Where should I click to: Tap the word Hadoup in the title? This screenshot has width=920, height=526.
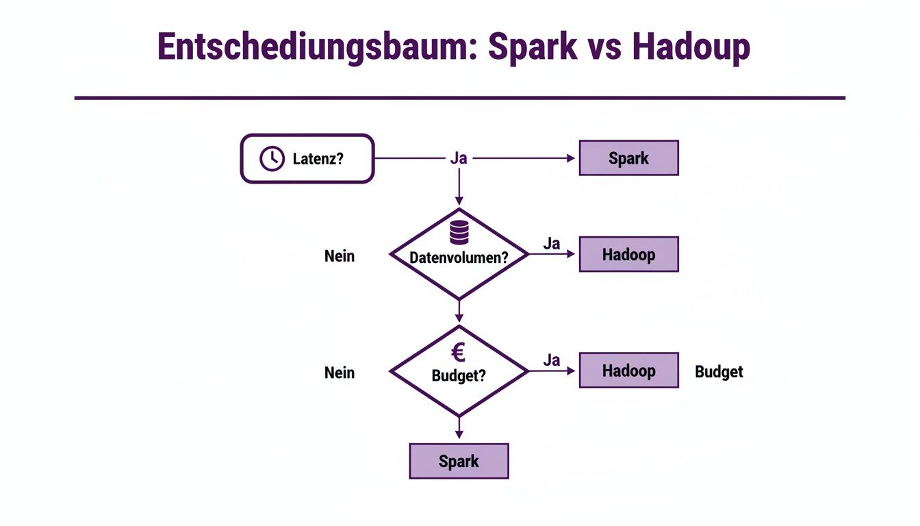tap(691, 48)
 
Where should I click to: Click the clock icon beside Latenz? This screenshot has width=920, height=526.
tap(272, 159)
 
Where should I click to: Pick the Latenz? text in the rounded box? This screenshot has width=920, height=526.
tap(318, 159)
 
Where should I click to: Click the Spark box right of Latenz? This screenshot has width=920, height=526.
tap(628, 158)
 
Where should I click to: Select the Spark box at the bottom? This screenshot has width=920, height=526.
tap(459, 461)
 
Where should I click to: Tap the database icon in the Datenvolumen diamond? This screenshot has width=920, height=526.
tap(459, 234)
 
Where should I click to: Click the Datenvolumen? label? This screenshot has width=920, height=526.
tap(459, 258)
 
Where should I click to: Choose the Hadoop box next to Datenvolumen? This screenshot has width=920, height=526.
tap(628, 254)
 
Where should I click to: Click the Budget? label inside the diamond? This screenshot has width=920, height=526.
tap(459, 375)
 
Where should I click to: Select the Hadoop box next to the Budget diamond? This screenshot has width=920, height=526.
tap(628, 371)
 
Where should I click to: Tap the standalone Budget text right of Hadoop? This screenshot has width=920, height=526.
tap(719, 372)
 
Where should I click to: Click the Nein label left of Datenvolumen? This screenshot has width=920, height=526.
tap(340, 256)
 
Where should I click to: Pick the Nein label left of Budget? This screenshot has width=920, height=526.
tap(340, 373)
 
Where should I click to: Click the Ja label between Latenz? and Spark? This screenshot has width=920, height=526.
tap(459, 158)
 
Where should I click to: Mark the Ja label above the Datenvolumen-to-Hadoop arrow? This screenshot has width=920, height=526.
tap(552, 243)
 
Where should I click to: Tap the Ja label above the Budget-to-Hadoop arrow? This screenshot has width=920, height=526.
tap(552, 360)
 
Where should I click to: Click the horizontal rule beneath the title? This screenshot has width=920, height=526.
tap(459, 98)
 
